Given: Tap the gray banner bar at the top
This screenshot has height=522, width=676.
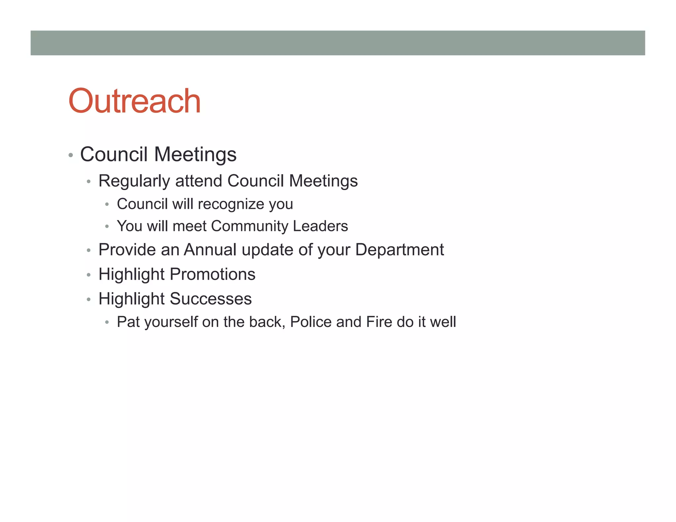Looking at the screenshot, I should coord(338,43).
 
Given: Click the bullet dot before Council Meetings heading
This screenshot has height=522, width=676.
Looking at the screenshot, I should coord(71,155).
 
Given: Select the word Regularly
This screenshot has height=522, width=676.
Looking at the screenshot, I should coord(134,181).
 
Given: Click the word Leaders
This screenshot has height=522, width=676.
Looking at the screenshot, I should coord(320,226).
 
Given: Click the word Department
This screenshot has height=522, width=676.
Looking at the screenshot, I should coord(399,250).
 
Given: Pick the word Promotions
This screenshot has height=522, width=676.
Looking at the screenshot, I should coord(213,274).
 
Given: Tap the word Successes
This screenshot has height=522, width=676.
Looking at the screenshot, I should coord(211,299).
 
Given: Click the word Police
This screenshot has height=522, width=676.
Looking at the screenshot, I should coord(311,322).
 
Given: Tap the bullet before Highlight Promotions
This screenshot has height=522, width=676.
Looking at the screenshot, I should coord(88,275).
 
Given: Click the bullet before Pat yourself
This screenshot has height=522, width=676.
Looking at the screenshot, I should coord(107,322).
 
